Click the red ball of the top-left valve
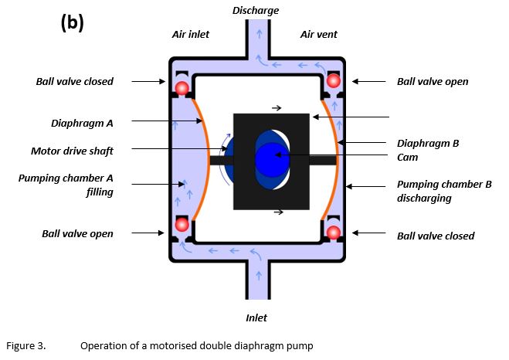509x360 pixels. click(182, 87)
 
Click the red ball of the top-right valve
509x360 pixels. click(334, 80)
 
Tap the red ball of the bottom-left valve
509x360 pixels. click(182, 224)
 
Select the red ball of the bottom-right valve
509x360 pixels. click(334, 233)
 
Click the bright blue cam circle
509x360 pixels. click(272, 160)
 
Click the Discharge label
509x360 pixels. click(256, 10)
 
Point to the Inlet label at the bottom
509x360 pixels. click(256, 318)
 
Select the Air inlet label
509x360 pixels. click(191, 34)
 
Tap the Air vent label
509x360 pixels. click(318, 34)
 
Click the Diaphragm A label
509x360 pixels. click(82, 124)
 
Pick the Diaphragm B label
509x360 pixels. click(428, 143)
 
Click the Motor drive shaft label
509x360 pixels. click(72, 151)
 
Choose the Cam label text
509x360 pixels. click(407, 157)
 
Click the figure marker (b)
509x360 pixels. click(72, 22)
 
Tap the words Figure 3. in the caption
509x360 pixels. click(26, 346)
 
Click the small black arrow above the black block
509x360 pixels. click(277, 108)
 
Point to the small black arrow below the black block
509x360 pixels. click(279, 212)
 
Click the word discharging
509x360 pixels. click(424, 198)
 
